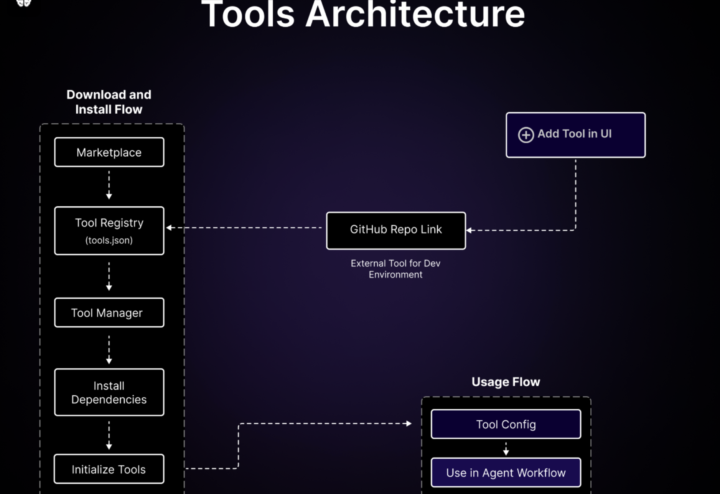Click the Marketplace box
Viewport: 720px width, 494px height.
[x=109, y=152]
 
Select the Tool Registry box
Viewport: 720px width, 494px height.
[x=109, y=231]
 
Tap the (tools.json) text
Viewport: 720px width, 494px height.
[x=109, y=240]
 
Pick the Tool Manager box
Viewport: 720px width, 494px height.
[x=109, y=312]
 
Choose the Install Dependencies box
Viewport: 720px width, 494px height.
[x=109, y=392]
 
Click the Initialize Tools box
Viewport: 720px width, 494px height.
[x=109, y=469]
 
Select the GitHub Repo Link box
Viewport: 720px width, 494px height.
[x=396, y=231]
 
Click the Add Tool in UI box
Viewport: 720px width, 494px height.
[x=575, y=135]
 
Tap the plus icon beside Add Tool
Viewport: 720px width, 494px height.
[x=526, y=135]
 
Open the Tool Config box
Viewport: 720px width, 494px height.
[x=506, y=424]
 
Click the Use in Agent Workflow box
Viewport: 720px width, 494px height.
[x=506, y=473]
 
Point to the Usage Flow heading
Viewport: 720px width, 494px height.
[x=506, y=382]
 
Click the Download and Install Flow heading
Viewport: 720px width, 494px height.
[x=109, y=102]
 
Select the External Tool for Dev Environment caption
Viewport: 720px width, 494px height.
[x=395, y=269]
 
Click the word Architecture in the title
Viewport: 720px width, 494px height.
[x=415, y=15]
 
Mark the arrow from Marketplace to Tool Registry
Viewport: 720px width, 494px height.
[x=109, y=185]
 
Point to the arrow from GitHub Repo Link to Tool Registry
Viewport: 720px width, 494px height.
[x=244, y=228]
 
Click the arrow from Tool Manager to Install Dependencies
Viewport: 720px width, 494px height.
[x=109, y=350]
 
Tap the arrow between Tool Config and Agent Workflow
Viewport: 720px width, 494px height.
[x=506, y=449]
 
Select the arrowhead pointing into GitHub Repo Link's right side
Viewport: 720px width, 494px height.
[x=469, y=230]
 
